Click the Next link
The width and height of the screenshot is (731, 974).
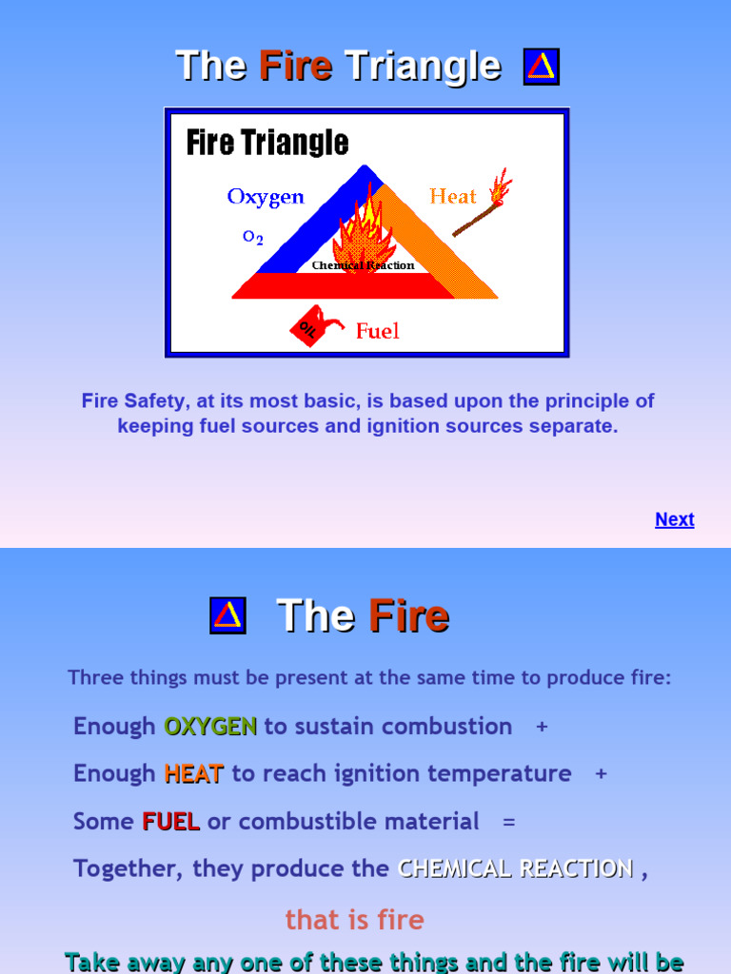(x=674, y=519)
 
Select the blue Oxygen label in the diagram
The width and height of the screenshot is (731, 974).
(x=266, y=197)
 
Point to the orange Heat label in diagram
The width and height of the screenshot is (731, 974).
(x=452, y=196)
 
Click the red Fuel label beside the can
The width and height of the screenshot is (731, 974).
(x=377, y=331)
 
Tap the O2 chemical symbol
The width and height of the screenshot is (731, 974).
(x=252, y=238)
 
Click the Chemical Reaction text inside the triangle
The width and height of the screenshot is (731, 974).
(x=363, y=265)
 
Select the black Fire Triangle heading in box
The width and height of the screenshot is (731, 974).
(x=267, y=144)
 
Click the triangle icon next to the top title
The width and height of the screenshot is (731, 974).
(x=541, y=67)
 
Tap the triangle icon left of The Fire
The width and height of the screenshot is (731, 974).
(x=227, y=615)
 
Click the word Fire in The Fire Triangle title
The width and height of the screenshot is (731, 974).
(x=295, y=67)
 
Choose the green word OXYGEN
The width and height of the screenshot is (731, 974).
(x=210, y=726)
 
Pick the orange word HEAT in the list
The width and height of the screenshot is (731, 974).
(x=193, y=773)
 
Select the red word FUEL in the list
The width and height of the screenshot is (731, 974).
(x=170, y=821)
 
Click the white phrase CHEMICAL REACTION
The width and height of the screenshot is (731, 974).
(x=515, y=868)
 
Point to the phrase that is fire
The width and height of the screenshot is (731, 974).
(x=354, y=920)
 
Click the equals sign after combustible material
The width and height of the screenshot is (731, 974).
(x=508, y=822)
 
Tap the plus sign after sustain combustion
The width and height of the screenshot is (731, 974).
(x=542, y=727)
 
